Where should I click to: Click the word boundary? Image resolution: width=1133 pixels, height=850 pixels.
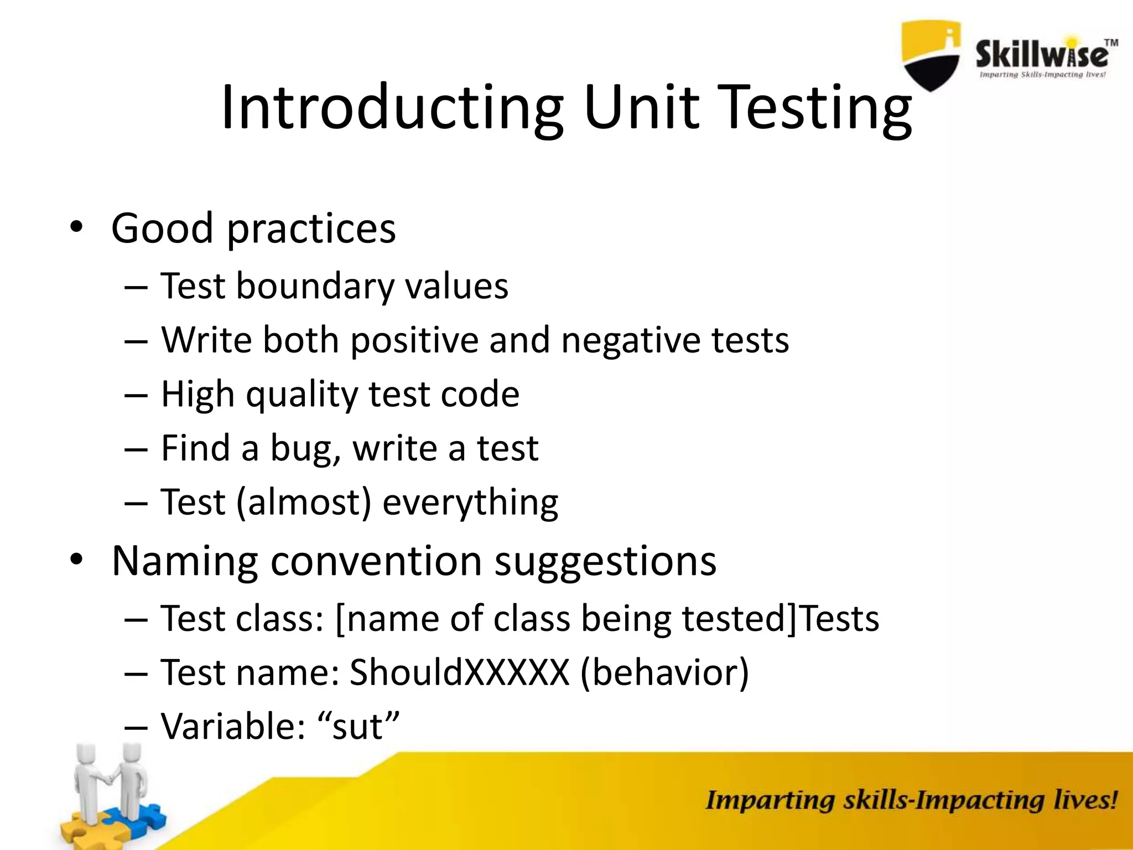pyautogui.click(x=315, y=287)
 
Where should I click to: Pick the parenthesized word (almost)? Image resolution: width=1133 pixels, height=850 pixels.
pyautogui.click(x=303, y=502)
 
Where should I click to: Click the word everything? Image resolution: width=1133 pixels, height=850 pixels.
pyautogui.click(x=470, y=502)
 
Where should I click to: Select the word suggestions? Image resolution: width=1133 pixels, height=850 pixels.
pyautogui.click(x=605, y=561)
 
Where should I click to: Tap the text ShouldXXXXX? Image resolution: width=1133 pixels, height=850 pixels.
pyautogui.click(x=459, y=673)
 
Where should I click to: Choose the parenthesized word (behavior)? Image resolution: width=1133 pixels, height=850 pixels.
pyautogui.click(x=664, y=673)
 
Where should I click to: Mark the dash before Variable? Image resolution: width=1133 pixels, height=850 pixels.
pyautogui.click(x=136, y=727)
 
